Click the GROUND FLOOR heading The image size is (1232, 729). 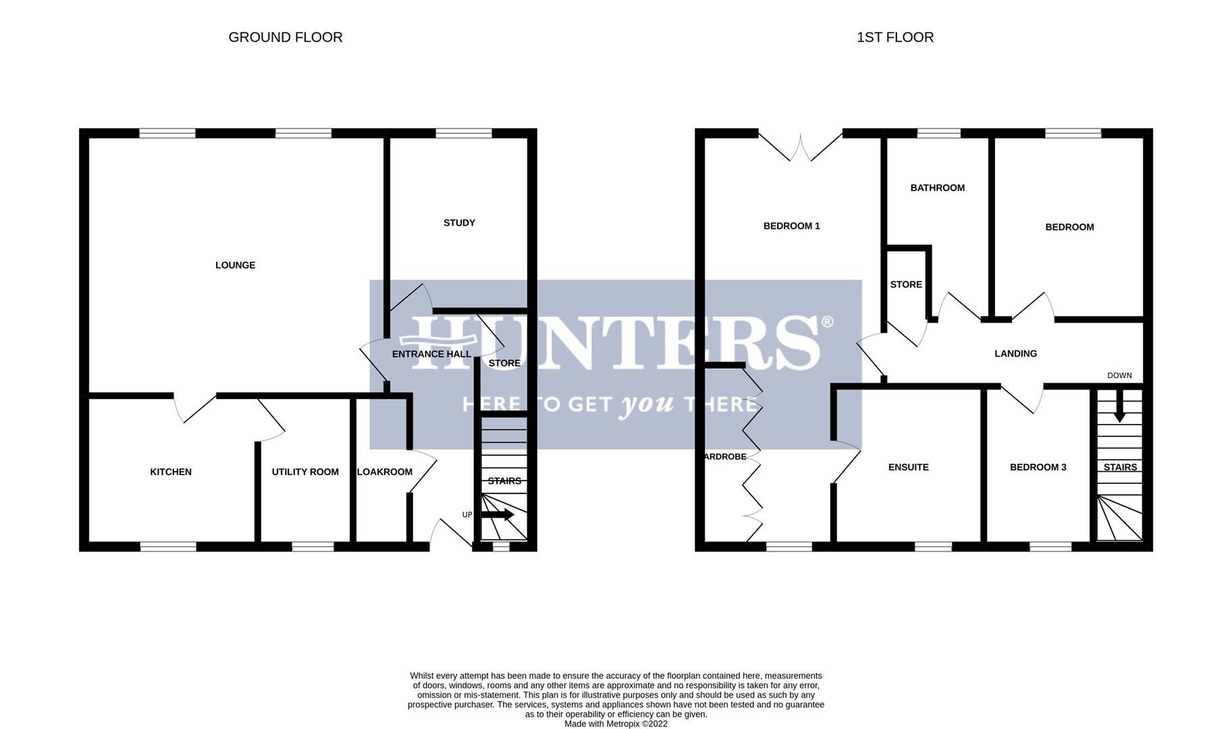[286, 37]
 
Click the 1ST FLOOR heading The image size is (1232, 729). [895, 37]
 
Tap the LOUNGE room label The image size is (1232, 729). [235, 265]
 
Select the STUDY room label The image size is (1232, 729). [459, 223]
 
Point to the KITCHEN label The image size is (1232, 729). [171, 472]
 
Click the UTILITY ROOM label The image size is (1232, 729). [305, 472]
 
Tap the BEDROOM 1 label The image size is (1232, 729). [791, 226]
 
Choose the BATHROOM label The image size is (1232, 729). [937, 188]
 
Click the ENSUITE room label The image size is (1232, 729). [908, 467]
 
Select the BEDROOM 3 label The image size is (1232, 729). [1038, 467]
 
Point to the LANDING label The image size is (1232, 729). [1015, 354]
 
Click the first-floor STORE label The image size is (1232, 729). [906, 285]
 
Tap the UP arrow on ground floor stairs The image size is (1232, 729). [498, 515]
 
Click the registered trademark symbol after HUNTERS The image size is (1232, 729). [827, 323]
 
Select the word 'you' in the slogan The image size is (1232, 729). [647, 404]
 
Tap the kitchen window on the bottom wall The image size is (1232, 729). [168, 547]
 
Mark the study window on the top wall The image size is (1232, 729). [464, 134]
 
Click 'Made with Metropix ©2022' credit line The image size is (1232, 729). [616, 724]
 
